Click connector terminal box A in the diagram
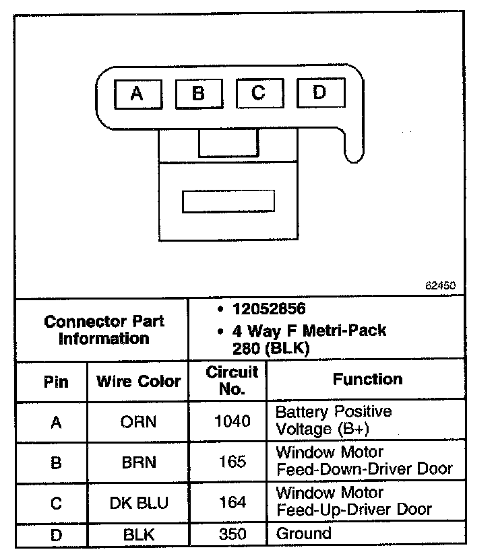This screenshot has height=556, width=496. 137,94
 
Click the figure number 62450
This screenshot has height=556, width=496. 440,285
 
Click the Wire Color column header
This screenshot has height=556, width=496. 138,382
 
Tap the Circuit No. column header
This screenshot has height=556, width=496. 231,380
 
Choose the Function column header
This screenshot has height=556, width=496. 367,379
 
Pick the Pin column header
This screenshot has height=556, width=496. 56,382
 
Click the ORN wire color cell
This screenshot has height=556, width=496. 138,422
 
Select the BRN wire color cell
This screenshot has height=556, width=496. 138,462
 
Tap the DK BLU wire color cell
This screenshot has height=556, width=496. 138,502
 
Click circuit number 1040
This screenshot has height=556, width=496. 231,421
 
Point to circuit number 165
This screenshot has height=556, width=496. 231,462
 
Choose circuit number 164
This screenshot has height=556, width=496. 231,502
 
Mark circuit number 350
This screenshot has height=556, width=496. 231,534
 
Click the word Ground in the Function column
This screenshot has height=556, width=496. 304,534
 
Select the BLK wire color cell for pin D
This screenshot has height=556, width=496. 138,535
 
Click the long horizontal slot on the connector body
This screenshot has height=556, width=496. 228,201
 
